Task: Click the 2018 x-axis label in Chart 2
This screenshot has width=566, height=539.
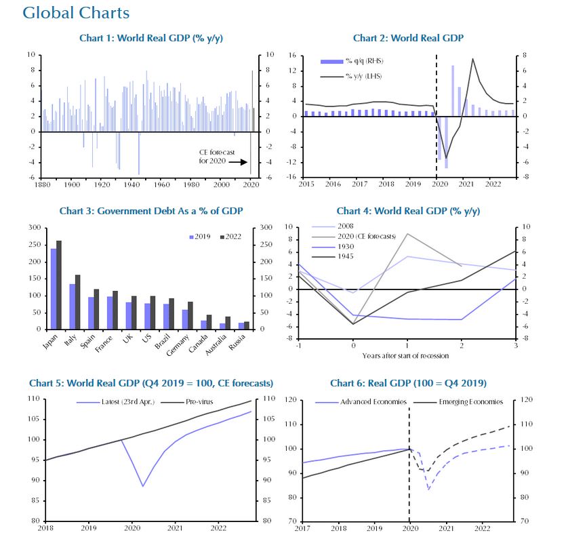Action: tap(386, 184)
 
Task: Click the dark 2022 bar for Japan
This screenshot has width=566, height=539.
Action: tap(59, 285)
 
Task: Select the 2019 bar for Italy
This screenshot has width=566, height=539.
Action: tap(73, 306)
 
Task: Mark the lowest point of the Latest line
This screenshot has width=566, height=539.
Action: tap(143, 486)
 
